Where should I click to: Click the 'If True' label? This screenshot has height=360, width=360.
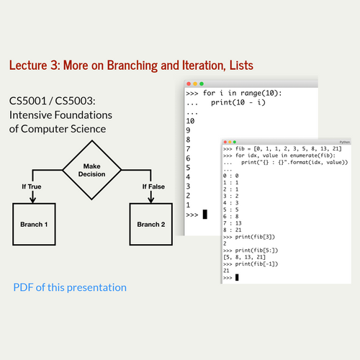(29, 186)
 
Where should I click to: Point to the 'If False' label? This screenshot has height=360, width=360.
(154, 186)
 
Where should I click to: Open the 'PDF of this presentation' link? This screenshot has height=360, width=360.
(70, 287)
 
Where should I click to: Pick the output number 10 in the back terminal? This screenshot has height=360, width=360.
(191, 122)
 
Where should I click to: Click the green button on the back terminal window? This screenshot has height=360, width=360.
(203, 84)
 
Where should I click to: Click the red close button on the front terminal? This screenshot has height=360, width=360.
(225, 143)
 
